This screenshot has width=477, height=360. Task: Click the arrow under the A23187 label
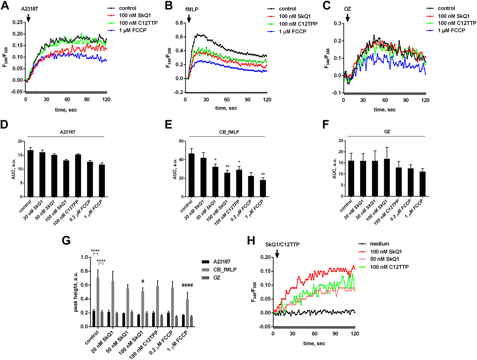28,18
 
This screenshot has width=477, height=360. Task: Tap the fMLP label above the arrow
192,9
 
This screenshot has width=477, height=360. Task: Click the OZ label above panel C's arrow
347,9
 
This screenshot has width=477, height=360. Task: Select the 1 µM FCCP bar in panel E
262,188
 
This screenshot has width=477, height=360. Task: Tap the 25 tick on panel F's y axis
341,141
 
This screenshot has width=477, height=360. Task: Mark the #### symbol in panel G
187,285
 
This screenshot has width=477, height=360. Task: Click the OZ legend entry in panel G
217,278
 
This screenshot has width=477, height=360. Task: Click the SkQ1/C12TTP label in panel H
282,245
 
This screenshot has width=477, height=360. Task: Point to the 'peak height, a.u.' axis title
76,291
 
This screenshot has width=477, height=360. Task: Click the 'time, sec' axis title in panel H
314,343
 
